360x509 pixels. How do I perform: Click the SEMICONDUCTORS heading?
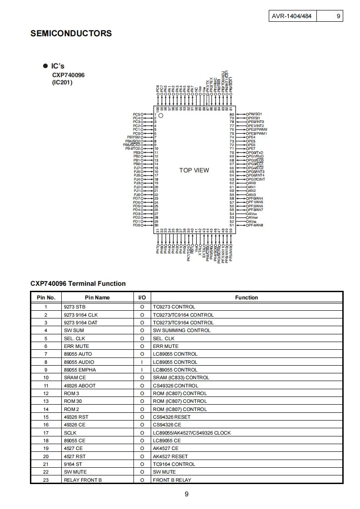(71, 34)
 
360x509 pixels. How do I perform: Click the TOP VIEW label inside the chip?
(194, 170)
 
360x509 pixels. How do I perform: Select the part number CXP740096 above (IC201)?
(68, 75)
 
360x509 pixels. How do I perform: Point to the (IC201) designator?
(62, 82)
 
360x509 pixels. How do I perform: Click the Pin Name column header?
(97, 298)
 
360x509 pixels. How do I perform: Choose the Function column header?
(246, 298)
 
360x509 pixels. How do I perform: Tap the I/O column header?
(142, 298)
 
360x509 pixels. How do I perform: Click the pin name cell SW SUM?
(74, 330)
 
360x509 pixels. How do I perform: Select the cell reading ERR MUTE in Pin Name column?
(76, 346)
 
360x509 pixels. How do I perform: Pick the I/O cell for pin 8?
(142, 362)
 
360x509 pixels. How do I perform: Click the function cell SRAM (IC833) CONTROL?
(181, 377)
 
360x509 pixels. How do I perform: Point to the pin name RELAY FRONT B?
(83, 480)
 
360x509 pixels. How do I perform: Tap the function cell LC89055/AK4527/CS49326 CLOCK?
(192, 433)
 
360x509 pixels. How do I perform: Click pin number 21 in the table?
(46, 464)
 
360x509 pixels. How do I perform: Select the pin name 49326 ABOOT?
(80, 386)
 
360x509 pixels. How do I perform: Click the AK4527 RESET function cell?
(170, 456)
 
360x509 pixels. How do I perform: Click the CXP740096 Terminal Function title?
(78, 284)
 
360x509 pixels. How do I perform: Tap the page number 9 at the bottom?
(187, 494)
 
